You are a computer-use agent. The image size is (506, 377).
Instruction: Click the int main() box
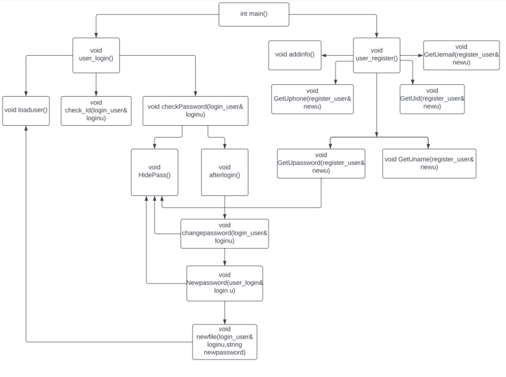(253, 14)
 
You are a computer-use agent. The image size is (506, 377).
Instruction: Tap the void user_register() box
(376, 55)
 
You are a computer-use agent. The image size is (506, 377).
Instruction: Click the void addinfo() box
(294, 55)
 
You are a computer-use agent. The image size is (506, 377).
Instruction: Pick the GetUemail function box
(461, 56)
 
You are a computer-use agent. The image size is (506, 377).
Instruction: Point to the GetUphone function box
(313, 99)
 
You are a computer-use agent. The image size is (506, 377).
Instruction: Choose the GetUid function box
(431, 99)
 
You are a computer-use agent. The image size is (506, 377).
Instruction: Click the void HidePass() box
(154, 172)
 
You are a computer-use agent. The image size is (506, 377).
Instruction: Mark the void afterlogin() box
(224, 172)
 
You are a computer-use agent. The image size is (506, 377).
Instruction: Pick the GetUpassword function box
(321, 163)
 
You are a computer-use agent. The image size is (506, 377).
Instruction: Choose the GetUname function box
(429, 163)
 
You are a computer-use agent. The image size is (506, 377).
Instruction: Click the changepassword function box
(224, 234)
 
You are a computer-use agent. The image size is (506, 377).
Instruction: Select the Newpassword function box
(224, 283)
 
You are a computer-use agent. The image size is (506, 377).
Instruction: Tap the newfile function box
(224, 341)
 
